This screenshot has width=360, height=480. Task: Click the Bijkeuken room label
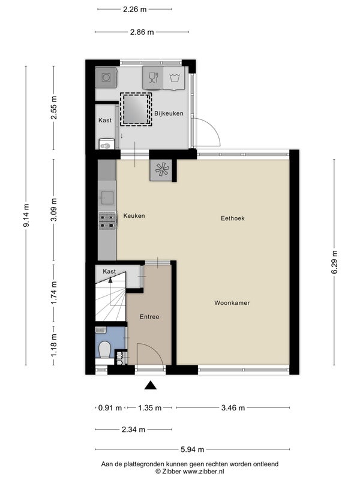tap(169, 113)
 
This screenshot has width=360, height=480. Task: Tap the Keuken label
tap(134, 216)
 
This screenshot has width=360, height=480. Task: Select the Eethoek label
tap(233, 218)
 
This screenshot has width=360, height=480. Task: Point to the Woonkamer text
tap(232, 303)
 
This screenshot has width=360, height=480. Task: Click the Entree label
tap(149, 317)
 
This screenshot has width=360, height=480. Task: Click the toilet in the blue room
tap(104, 350)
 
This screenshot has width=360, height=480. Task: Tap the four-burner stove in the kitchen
tap(107, 221)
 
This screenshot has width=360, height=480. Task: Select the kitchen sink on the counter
tap(107, 198)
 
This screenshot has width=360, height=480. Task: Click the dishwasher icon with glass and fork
tap(153, 78)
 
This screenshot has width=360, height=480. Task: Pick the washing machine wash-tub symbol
tap(174, 79)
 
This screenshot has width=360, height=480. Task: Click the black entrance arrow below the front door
tap(151, 385)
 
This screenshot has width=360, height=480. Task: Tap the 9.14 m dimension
tap(26, 215)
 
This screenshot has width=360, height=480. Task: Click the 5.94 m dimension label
tap(192, 449)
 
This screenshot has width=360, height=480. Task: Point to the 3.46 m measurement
tap(233, 408)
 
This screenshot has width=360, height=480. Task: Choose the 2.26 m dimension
tap(134, 10)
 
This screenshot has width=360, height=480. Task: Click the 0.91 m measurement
tap(110, 408)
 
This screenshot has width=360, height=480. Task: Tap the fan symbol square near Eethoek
tap(161, 170)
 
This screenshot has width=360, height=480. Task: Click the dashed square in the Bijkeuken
tap(136, 109)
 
